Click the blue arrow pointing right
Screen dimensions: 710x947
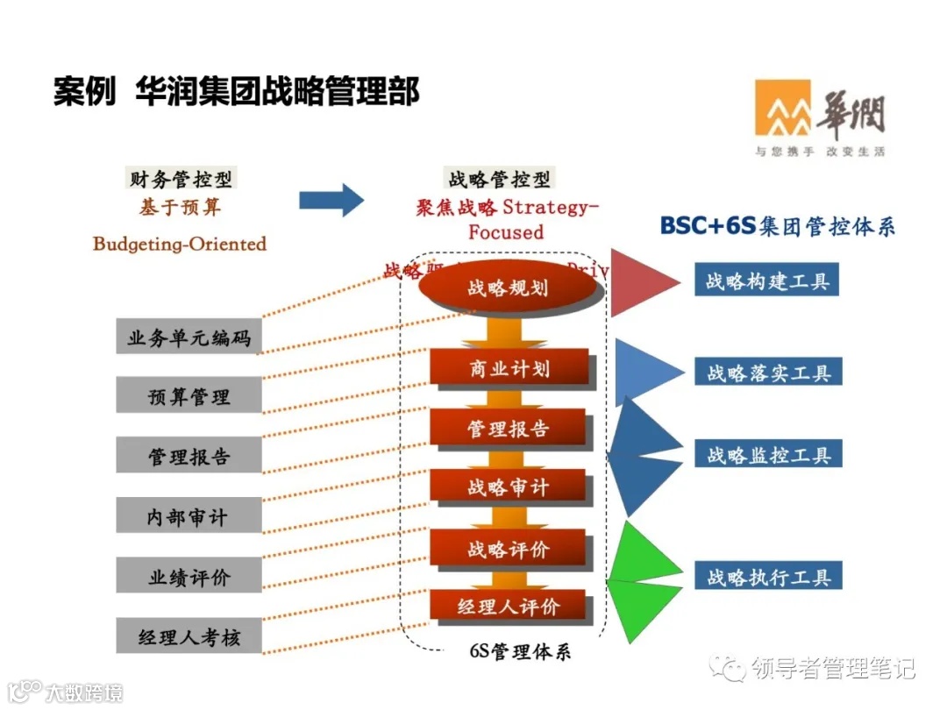(331, 200)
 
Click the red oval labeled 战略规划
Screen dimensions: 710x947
(509, 288)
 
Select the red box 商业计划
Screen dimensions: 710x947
(509, 368)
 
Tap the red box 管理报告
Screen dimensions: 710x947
(508, 429)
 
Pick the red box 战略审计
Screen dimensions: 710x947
(508, 487)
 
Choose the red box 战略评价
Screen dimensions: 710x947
(508, 549)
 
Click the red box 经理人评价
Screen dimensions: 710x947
(508, 607)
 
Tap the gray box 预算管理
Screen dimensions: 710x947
(189, 396)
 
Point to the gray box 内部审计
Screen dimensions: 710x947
(189, 516)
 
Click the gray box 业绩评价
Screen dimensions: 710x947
(189, 577)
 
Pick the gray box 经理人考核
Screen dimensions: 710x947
(189, 636)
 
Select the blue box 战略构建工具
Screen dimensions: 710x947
(767, 282)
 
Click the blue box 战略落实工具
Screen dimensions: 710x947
(768, 373)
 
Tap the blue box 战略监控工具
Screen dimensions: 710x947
(768, 455)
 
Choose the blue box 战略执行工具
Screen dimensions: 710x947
(768, 577)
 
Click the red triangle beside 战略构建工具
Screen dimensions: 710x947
(638, 282)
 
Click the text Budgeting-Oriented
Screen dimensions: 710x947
(179, 244)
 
